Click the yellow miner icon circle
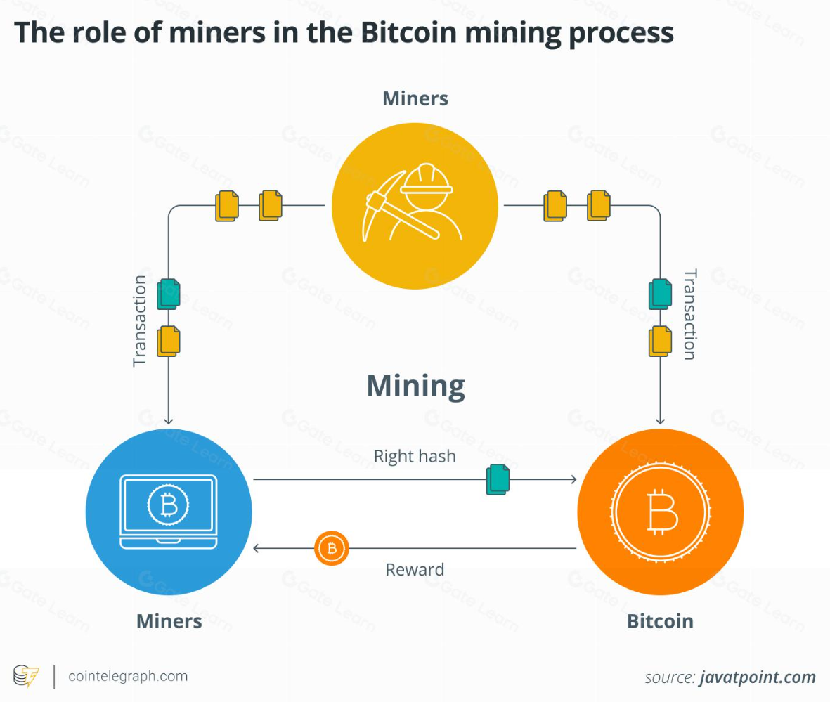click(415, 207)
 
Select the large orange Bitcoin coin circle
click(660, 512)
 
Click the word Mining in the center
click(415, 386)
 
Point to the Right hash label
click(415, 457)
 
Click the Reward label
click(415, 569)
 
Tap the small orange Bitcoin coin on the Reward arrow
click(332, 548)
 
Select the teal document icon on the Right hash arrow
click(498, 479)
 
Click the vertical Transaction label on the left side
click(141, 320)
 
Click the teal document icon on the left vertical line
click(169, 294)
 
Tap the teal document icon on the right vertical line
click(660, 294)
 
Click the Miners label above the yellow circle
click(415, 98)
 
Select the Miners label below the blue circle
click(169, 621)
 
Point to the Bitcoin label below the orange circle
click(660, 621)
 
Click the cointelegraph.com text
click(128, 677)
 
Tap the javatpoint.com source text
click(757, 678)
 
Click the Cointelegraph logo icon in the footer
click(27, 677)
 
